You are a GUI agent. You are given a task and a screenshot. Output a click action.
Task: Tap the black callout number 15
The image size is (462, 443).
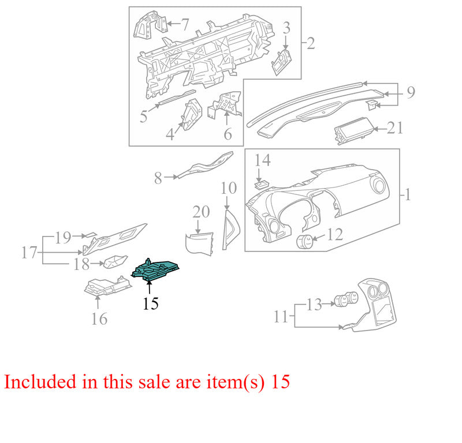(151, 303)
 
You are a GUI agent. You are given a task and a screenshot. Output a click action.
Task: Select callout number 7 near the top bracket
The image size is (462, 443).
(184, 24)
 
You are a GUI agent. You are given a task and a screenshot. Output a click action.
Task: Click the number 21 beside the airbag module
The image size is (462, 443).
(395, 128)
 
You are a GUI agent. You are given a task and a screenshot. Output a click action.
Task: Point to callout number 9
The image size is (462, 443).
(411, 92)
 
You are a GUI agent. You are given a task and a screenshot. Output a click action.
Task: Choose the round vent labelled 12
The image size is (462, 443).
(305, 241)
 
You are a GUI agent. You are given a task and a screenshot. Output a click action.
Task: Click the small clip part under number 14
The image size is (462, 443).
(261, 185)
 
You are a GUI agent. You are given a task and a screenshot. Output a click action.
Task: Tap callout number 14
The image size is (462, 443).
(262, 160)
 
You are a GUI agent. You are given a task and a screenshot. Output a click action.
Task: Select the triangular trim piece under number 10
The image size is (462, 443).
(231, 230)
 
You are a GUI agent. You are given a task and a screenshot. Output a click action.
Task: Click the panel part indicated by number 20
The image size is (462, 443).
(199, 244)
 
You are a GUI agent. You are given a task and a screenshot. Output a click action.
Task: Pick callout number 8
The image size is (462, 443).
(158, 178)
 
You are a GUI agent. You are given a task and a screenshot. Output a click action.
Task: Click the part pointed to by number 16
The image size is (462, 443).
(107, 287)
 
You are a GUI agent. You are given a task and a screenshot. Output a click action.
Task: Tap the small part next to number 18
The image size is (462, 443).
(115, 262)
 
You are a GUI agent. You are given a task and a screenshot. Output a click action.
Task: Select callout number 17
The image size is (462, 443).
(29, 253)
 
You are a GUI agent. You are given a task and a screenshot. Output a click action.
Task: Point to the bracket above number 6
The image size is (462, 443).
(225, 104)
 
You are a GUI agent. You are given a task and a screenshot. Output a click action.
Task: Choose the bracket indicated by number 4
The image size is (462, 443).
(192, 115)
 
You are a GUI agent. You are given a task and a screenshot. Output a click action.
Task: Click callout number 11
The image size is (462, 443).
(281, 317)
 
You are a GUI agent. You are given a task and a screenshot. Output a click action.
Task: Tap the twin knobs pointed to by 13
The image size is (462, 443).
(346, 300)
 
